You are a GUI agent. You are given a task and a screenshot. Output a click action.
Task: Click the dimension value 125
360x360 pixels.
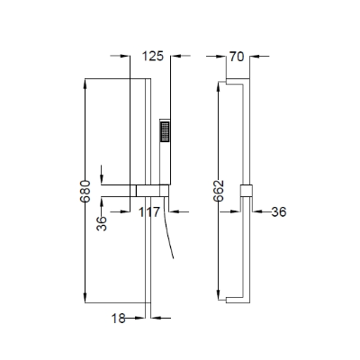tap(153, 56)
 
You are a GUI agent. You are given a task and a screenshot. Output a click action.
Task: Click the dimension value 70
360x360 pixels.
tap(237, 57)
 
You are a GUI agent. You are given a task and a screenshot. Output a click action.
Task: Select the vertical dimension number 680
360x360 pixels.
tap(85, 192)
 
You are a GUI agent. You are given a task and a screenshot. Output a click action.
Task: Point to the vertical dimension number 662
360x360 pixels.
tap(219, 191)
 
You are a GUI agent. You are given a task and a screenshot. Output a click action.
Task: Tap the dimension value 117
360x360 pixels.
tap(148, 212)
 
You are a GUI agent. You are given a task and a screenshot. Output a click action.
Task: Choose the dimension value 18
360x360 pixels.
tap(119, 319)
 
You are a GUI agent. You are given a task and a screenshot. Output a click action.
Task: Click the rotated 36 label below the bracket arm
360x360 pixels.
tap(102, 223)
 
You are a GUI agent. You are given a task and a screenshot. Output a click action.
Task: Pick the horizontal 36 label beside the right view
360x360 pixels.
tap(279, 212)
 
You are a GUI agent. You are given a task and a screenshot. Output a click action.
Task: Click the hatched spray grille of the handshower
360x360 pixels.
tap(165, 131)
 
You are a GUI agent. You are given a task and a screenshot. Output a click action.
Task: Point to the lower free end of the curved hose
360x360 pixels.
tap(173, 258)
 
